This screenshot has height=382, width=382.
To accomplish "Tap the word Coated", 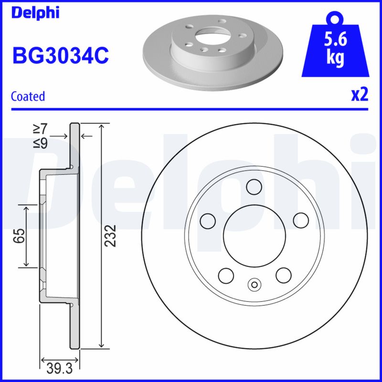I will point(28,96).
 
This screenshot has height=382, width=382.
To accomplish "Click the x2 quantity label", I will point(360,95).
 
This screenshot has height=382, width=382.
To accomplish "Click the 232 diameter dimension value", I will point(111,235).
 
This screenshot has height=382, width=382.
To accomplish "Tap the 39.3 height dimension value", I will point(60,368).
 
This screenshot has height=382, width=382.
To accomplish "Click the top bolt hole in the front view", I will point(254,186).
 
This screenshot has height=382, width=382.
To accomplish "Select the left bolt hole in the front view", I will point(208,220).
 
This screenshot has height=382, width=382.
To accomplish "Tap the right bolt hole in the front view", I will point(300,220).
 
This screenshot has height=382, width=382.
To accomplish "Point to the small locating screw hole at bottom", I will point(254,285).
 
